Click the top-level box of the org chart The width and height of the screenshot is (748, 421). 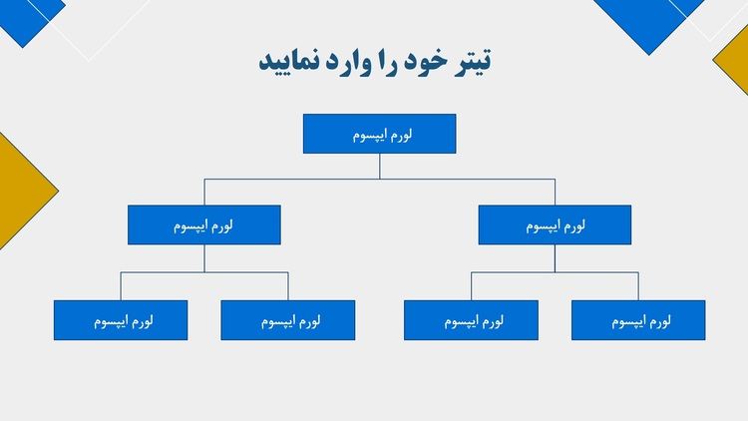pos(379,134)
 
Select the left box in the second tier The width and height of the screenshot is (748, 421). pos(204,224)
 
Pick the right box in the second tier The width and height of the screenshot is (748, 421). pos(555,224)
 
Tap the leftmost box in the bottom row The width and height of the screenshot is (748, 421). pos(121,320)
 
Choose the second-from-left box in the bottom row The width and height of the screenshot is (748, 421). pos(287,320)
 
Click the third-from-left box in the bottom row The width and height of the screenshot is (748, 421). pos(471,320)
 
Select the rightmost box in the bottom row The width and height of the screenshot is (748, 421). pos(638,320)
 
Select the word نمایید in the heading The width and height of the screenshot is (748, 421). pos(289,62)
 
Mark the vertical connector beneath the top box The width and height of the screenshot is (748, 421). pos(380,167)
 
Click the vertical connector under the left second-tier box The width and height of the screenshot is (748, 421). pos(204,258)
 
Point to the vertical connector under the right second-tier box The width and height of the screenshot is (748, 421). pos(555,258)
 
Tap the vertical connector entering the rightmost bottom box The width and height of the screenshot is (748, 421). pos(638,286)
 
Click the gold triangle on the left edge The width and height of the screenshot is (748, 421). pos(22,191)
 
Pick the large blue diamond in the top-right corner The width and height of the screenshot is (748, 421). pos(644,22)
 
